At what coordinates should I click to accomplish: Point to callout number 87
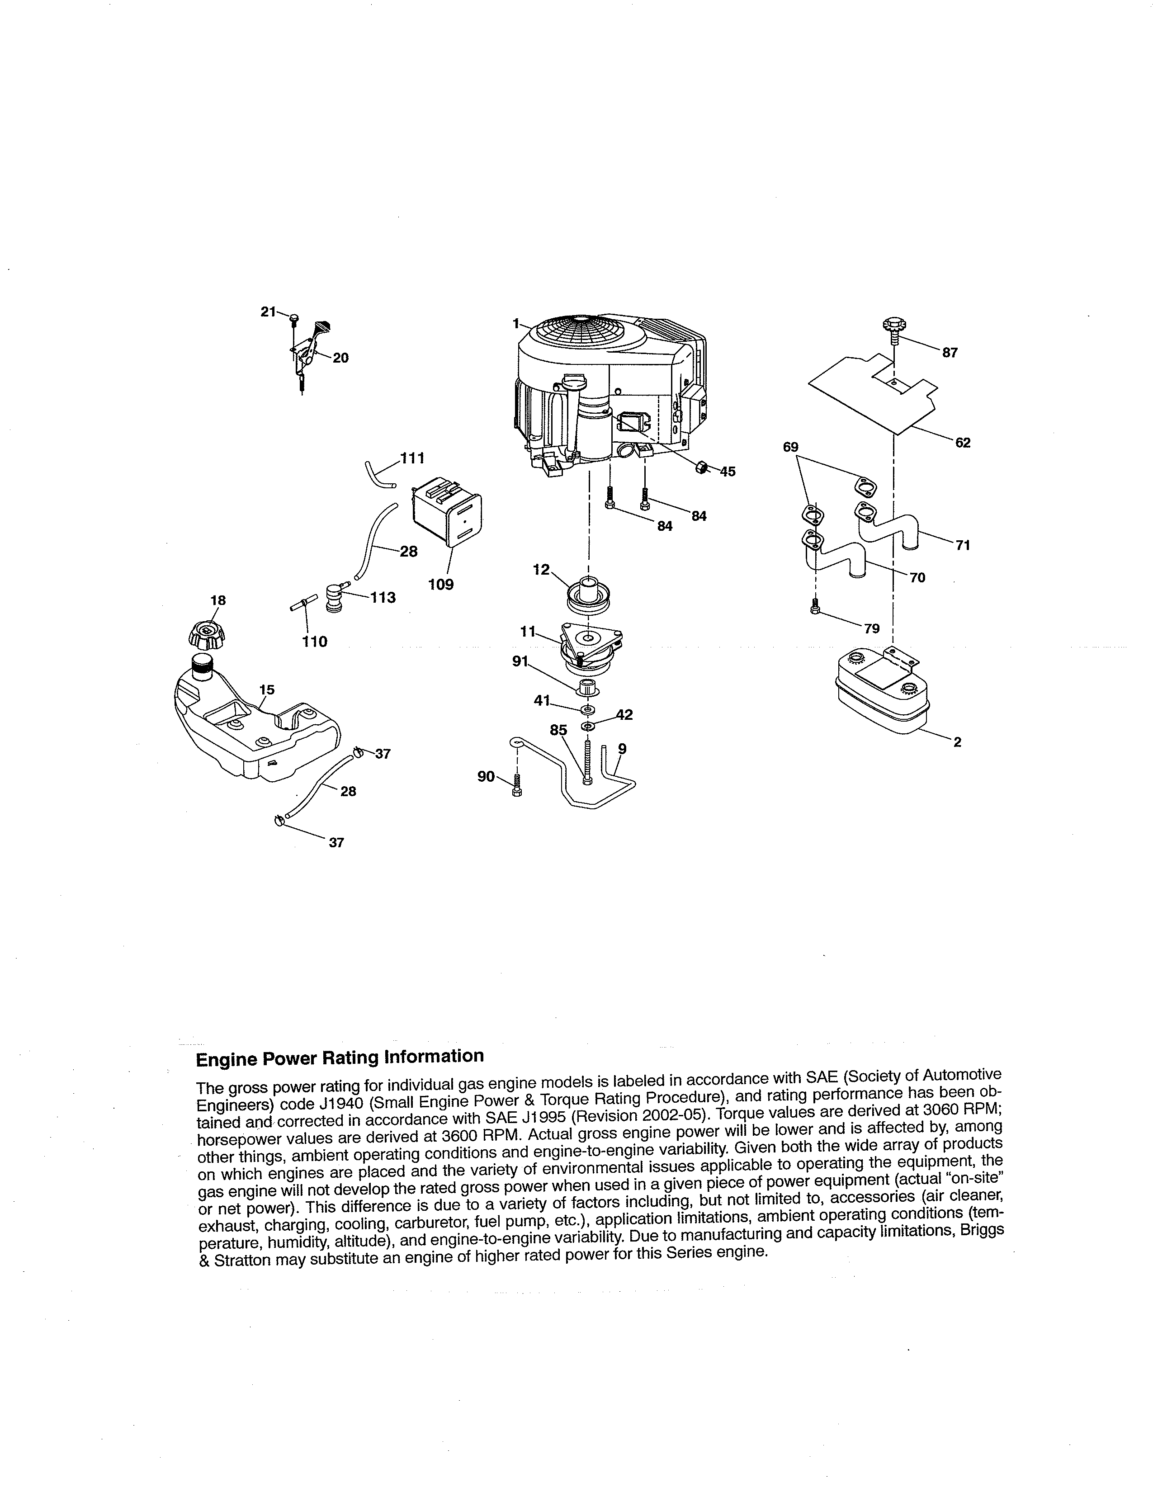[x=950, y=353]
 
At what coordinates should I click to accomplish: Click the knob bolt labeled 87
[x=894, y=326]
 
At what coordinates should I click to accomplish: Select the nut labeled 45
[x=701, y=468]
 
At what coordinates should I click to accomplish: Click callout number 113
[x=383, y=597]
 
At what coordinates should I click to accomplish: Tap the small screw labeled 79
[x=815, y=605]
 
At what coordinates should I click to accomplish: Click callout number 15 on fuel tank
[x=267, y=689]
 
